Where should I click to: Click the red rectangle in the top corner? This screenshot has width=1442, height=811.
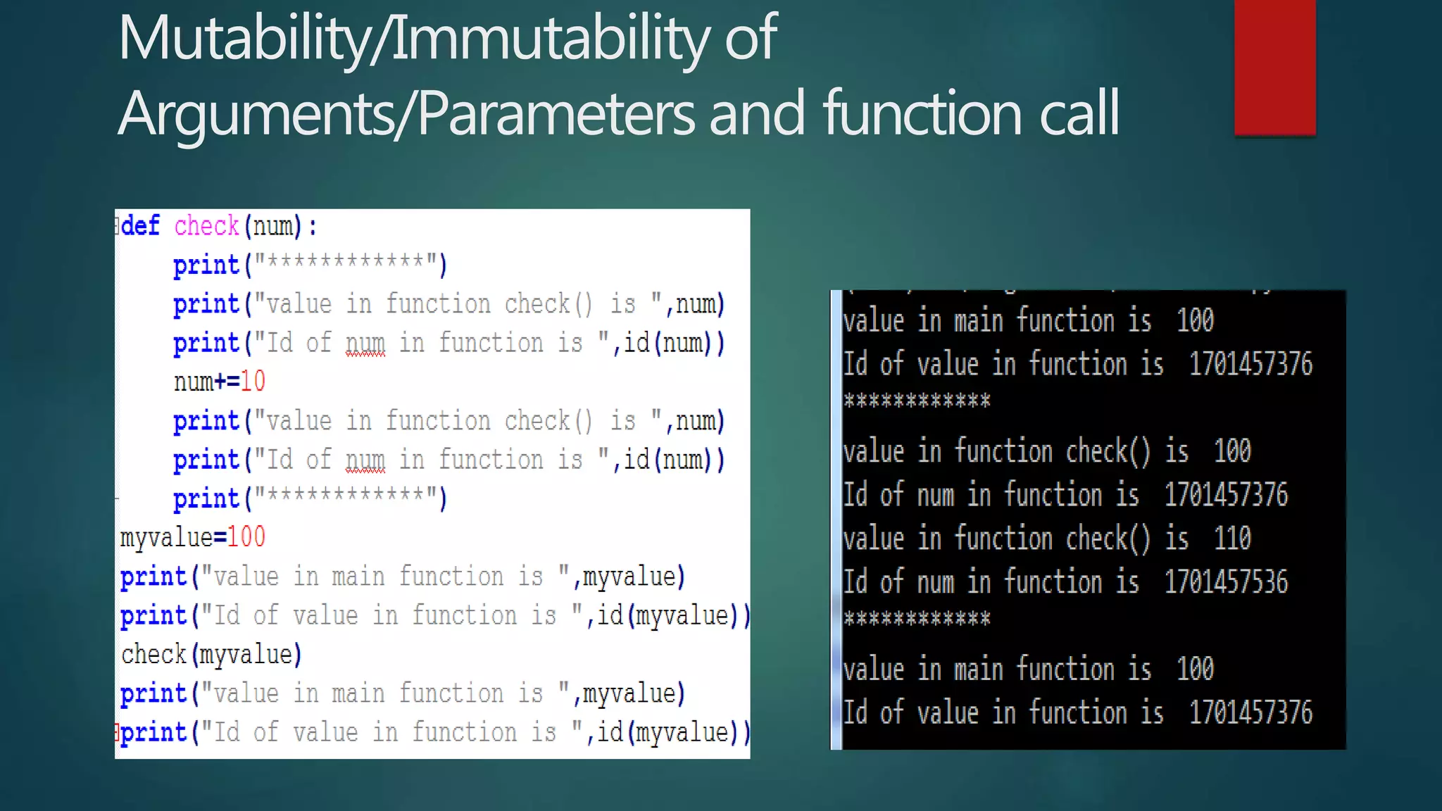click(x=1274, y=67)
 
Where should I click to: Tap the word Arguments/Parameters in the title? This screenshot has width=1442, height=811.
click(x=405, y=113)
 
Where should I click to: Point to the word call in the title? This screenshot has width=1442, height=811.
click(x=1079, y=113)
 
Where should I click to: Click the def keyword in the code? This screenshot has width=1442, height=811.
click(x=141, y=226)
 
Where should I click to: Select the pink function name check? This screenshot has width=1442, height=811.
click(x=206, y=226)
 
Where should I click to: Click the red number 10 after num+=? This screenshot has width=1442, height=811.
click(x=253, y=382)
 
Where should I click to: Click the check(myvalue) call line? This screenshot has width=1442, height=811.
click(x=211, y=654)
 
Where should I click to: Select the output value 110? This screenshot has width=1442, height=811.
click(x=1232, y=539)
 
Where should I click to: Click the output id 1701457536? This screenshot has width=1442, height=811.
click(x=1226, y=582)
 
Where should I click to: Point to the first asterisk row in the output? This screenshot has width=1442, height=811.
click(x=917, y=401)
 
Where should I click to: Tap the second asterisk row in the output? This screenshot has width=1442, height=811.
click(x=917, y=620)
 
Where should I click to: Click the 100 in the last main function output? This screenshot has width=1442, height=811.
click(x=1195, y=669)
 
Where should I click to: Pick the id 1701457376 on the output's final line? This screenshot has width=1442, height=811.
click(x=1250, y=712)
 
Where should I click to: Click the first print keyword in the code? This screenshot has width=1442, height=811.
click(x=206, y=265)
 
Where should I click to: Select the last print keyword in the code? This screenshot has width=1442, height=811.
click(x=153, y=733)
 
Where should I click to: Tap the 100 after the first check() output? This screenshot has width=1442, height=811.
click(x=1232, y=451)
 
